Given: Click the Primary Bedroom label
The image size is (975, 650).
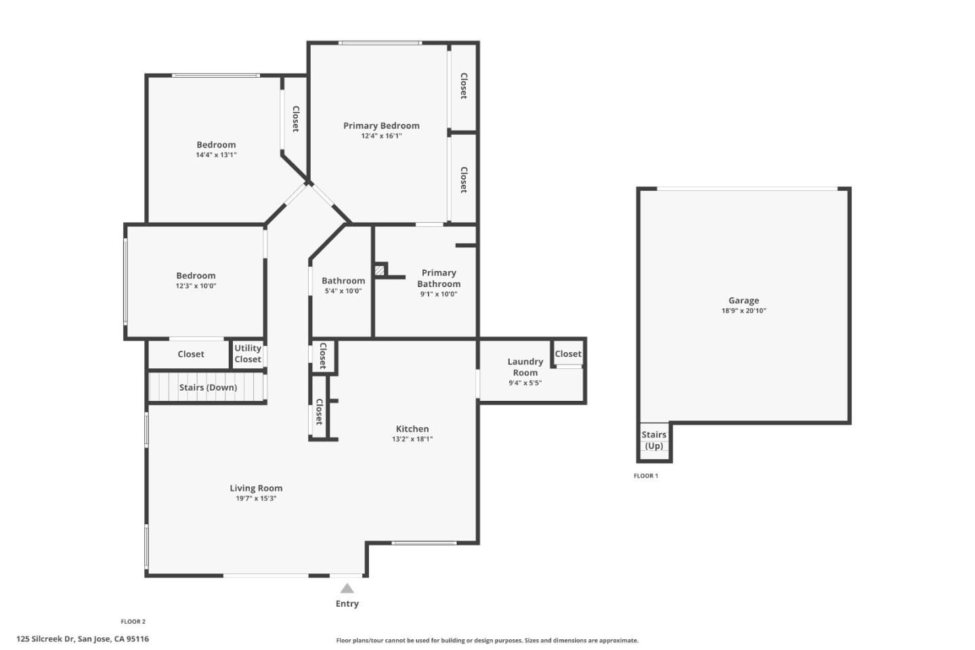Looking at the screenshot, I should tap(381, 126).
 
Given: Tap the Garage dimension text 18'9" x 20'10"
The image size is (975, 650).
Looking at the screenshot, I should tap(743, 311).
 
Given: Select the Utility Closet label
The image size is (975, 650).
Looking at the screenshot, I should tap(248, 353).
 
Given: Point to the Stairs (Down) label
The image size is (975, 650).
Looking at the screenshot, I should tap(208, 387).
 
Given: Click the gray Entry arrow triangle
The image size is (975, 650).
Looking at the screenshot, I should tap(347, 588).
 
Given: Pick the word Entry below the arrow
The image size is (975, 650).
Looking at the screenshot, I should tap(347, 603).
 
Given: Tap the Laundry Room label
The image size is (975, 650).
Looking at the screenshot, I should tap(525, 367).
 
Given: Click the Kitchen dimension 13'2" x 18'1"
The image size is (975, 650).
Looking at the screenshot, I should tap(412, 439).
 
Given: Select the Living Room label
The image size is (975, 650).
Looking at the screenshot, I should tap(256, 488).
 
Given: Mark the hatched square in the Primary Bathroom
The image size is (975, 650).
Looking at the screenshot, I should tap(380, 270).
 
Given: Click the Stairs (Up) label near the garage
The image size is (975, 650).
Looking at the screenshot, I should tap(654, 440).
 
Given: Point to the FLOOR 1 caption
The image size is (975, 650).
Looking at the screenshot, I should tap(645, 476).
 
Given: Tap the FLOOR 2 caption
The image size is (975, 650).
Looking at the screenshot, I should tap(133, 622).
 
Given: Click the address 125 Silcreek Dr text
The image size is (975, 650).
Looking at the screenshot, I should tap(83, 638).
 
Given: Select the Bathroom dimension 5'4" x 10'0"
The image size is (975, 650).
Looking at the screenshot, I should tap(343, 291).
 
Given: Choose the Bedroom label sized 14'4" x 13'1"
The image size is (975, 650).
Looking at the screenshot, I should tap(216, 145).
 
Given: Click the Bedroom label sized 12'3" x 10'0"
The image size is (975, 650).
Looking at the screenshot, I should tap(196, 276).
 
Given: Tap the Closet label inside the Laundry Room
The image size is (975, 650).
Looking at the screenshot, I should tap(568, 353).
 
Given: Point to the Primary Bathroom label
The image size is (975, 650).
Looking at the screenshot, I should tap(439, 278).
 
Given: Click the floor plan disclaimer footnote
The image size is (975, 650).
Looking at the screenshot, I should tap(487, 641).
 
